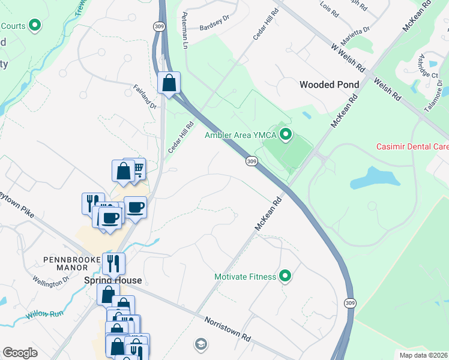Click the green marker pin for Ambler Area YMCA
[x=286, y=135]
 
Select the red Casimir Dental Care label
[x=412, y=146]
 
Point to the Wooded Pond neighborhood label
[x=329, y=85]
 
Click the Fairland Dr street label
[x=145, y=97]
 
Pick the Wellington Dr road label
[x=47, y=281]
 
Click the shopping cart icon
[x=137, y=168]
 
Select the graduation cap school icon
[x=200, y=344]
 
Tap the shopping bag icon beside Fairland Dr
[x=169, y=82]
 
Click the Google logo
[x=20, y=353]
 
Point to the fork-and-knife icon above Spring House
[x=112, y=263]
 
